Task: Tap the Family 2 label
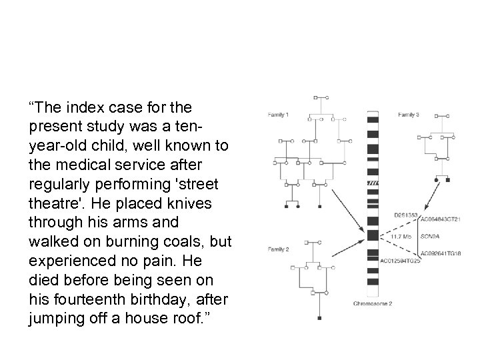point(278,249)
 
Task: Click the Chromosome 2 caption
point(373,303)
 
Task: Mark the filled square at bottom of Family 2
point(319,319)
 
